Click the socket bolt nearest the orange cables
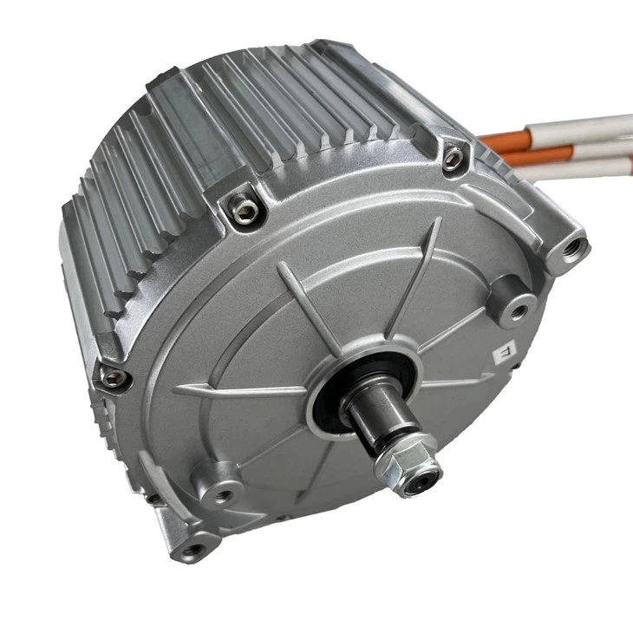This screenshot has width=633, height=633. click(452, 159)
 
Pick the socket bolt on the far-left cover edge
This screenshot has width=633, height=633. click(111, 375)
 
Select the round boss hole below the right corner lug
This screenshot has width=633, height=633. click(519, 308)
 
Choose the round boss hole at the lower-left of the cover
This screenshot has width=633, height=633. click(224, 493)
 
